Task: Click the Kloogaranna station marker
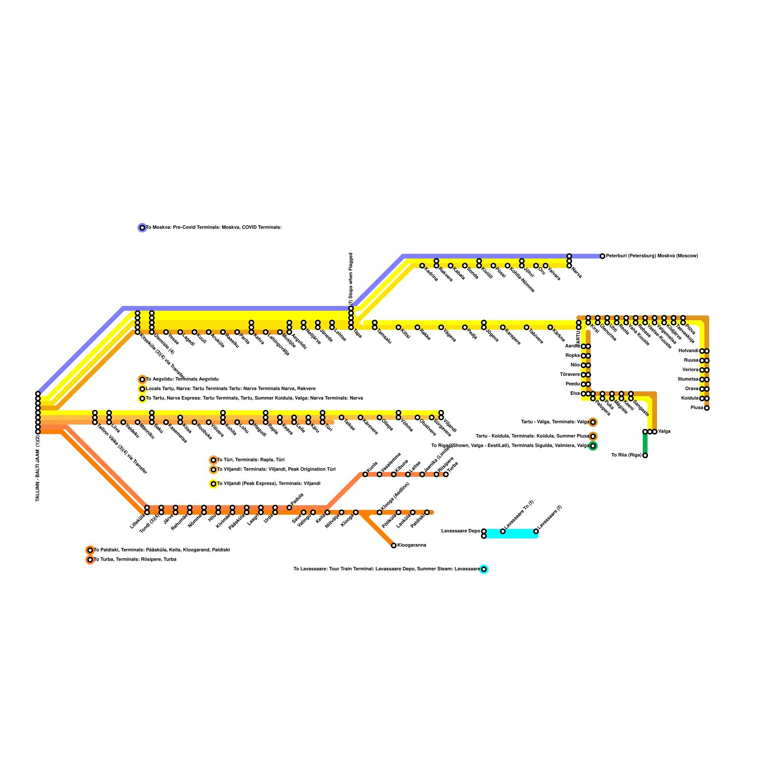point(394,546)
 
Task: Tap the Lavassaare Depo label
point(461,531)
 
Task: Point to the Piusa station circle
point(707,408)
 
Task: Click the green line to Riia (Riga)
point(645,444)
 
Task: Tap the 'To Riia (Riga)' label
point(626,455)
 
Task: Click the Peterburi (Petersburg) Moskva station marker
point(602,256)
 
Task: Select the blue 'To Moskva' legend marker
point(142,228)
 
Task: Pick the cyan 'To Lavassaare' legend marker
point(484,569)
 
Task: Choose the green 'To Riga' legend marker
point(593,446)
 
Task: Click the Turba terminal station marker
point(446,474)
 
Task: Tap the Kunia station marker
point(365,474)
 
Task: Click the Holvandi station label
point(688,351)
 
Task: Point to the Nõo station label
point(575,365)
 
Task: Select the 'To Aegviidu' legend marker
point(142,379)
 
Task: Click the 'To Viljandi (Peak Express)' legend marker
point(213,484)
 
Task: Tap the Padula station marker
point(289,508)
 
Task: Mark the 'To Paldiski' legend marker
point(90,550)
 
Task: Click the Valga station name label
point(665,432)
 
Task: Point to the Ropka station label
point(573,356)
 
